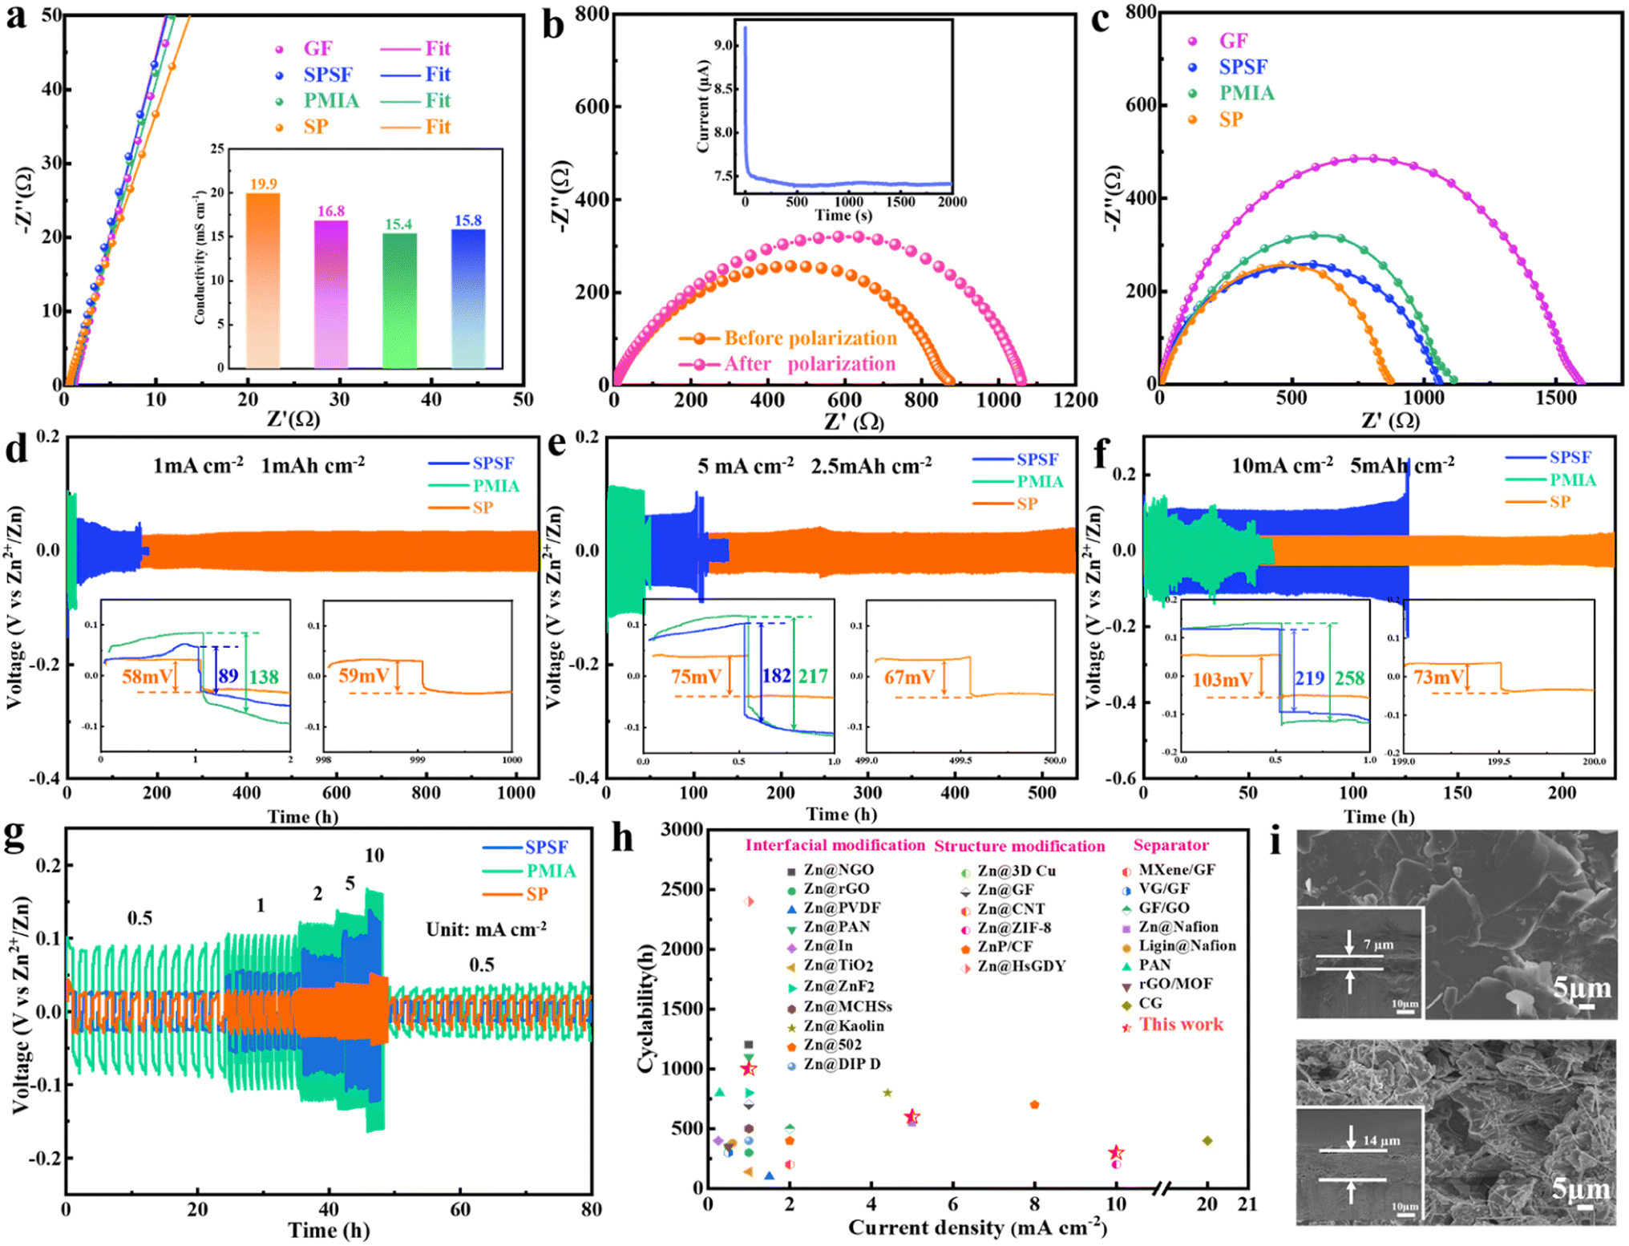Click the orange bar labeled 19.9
click(x=263, y=281)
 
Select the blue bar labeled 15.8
click(x=468, y=298)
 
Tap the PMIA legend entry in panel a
click(x=330, y=100)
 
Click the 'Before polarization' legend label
click(x=810, y=338)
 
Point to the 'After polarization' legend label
click(x=810, y=364)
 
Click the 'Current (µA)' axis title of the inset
click(x=703, y=106)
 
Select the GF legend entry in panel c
click(x=1233, y=41)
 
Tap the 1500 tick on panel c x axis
click(x=1554, y=398)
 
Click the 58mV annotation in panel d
click(x=147, y=676)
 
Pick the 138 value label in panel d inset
click(x=264, y=677)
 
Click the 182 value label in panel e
click(x=776, y=676)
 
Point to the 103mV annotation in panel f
click(x=1222, y=680)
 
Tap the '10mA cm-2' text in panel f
click(x=1282, y=465)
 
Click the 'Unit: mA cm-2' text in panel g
click(x=486, y=929)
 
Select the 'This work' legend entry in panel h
click(x=1180, y=1025)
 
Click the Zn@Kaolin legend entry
click(x=843, y=1026)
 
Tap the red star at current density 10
click(x=1115, y=1153)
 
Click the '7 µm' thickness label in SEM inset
click(x=1378, y=945)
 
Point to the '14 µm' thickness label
click(x=1381, y=1139)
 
